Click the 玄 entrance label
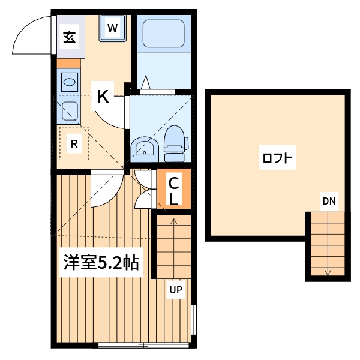pos(69,37)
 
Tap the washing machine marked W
pos(113,28)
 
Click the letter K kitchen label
pos(103,97)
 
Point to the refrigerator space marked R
pos(74,143)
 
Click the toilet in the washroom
pos(175,145)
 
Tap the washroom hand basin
pos(144,148)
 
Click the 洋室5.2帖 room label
pos(102,263)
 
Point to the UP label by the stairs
pos(175,290)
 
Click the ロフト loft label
pos(278,159)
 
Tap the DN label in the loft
pos(328,201)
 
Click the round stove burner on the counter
pos(70,82)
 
